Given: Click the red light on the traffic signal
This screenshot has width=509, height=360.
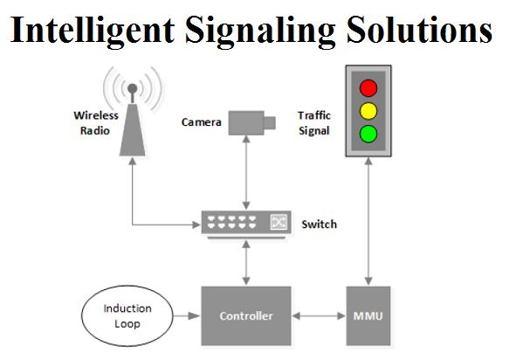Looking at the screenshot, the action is pos(368,88).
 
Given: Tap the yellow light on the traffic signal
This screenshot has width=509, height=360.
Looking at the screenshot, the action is pos(368,111).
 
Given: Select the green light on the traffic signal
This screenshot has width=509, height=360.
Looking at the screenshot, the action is pos(368,134).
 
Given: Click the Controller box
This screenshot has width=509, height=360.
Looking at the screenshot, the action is pos(246,315).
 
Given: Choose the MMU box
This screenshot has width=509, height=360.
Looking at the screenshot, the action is pos(368,315).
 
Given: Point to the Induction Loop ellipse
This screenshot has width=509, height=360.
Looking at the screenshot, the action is pos(127,315).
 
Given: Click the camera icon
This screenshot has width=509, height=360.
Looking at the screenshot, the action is pos(252,123).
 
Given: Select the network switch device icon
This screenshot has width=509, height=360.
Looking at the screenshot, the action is pos(246,225).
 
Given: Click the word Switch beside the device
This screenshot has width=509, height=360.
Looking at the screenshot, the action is pos(319,225).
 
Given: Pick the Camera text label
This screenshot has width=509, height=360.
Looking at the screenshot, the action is pos(202,122).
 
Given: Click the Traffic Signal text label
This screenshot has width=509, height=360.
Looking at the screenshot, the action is pos(314,123).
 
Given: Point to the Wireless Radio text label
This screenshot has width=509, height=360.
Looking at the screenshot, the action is pos(96,123).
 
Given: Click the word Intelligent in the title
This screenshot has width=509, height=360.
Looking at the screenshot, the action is pos(93,31).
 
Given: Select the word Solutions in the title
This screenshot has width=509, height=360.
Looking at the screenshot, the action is pos(419,29).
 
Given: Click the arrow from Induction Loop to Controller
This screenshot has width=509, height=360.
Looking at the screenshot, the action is pos(187,315).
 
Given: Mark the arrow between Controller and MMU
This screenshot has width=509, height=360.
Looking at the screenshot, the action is pos(319,315).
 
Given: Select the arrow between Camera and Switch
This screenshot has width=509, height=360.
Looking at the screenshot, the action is pos(246,173).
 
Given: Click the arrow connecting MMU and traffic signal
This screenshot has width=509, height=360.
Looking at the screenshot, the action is pos(368,222).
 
